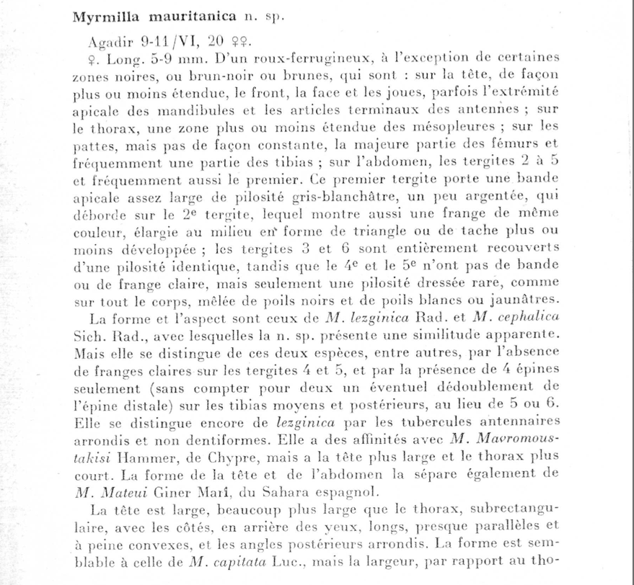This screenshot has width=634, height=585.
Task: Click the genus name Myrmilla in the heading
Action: tap(106, 17)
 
